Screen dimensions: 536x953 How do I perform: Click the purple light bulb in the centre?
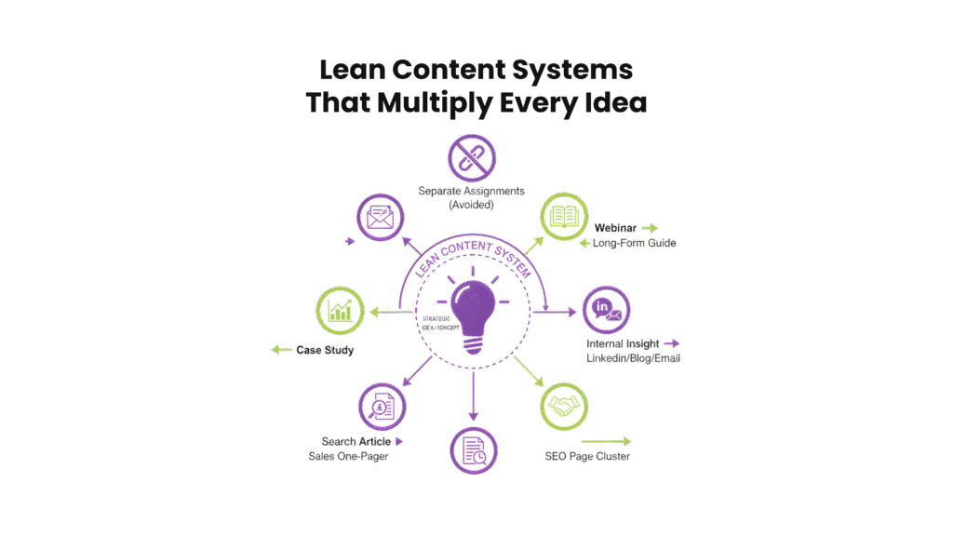pyautogui.click(x=474, y=308)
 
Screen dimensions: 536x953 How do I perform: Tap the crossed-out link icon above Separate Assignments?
pyautogui.click(x=472, y=160)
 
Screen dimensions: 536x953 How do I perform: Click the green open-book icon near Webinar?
pyautogui.click(x=565, y=218)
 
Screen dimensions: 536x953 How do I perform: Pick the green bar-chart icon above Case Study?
pyautogui.click(x=341, y=310)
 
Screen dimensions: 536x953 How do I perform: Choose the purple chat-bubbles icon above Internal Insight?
pyautogui.click(x=606, y=311)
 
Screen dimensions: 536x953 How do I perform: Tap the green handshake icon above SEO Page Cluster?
pyautogui.click(x=565, y=407)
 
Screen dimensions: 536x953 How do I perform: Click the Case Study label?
pyautogui.click(x=325, y=350)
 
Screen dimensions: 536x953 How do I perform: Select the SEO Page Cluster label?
pyautogui.click(x=587, y=456)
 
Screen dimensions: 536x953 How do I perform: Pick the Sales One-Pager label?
pyautogui.click(x=349, y=456)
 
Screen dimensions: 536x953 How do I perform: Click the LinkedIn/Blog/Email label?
pyautogui.click(x=633, y=358)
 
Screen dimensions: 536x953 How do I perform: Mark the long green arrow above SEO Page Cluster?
pyautogui.click(x=605, y=441)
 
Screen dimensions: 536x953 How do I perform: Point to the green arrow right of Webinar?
pyautogui.click(x=650, y=227)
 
